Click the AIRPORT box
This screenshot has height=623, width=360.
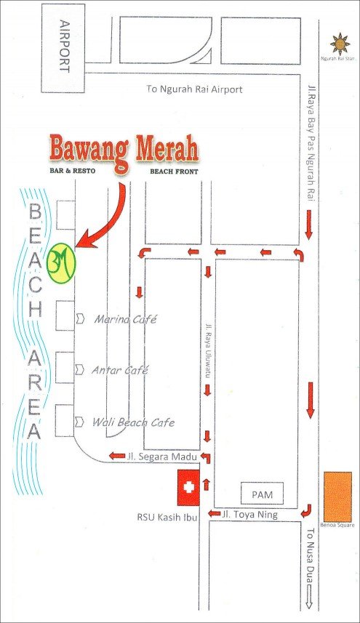coord(63,48)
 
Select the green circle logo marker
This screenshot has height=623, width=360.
coord(61,262)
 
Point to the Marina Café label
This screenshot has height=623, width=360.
coord(126,319)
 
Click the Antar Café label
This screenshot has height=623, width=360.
coord(120,370)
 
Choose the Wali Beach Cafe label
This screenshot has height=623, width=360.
coord(133,422)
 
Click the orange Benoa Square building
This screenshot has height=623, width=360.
coord(337,497)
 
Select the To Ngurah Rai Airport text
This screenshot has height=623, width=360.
coord(194,89)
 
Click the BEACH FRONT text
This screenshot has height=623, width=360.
coord(173,172)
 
